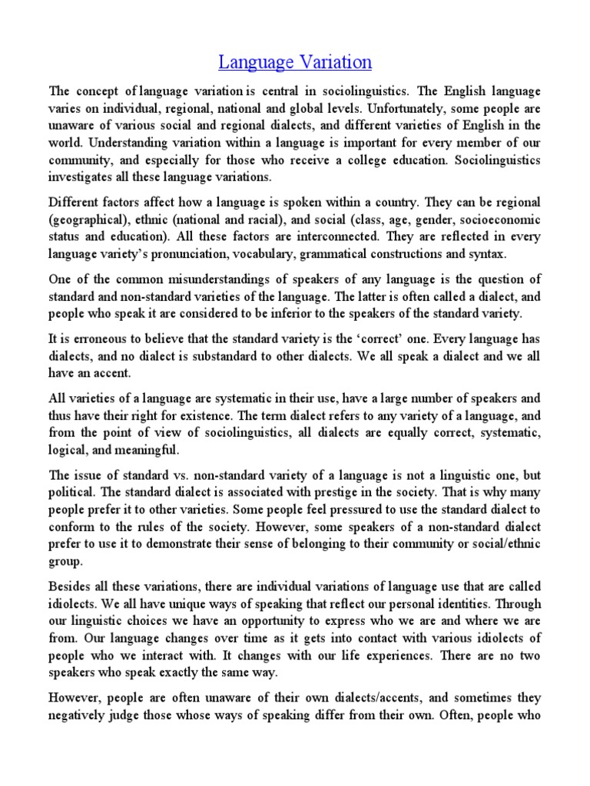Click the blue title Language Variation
[295, 61]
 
